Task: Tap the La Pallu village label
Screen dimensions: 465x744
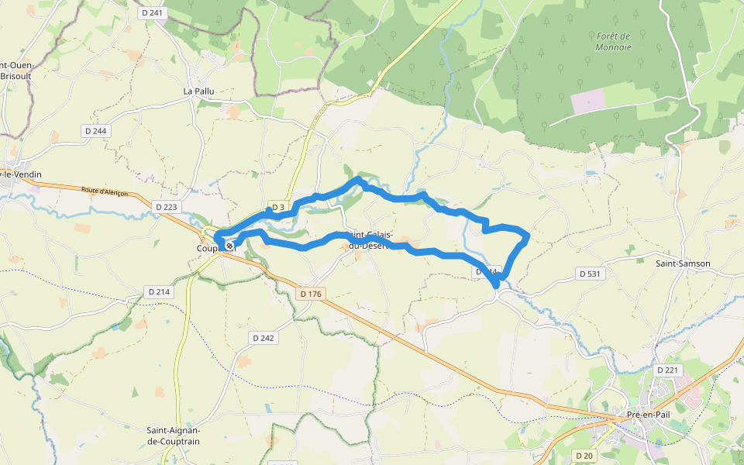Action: [198, 91]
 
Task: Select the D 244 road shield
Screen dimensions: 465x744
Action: [95, 131]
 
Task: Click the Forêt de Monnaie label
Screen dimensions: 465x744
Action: [614, 41]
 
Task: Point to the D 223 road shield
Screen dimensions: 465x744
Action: [167, 207]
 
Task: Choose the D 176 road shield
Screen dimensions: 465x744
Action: [310, 294]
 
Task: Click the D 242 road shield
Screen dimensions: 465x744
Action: [263, 339]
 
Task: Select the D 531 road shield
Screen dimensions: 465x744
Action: [591, 274]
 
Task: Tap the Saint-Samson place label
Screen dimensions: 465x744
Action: [683, 263]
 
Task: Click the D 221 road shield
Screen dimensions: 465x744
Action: [667, 370]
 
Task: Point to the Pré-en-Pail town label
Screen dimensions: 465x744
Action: [649, 414]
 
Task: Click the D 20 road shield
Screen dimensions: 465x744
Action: [584, 455]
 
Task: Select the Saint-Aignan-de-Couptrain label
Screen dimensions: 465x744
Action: [174, 436]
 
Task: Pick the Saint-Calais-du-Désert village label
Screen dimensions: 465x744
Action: [369, 240]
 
